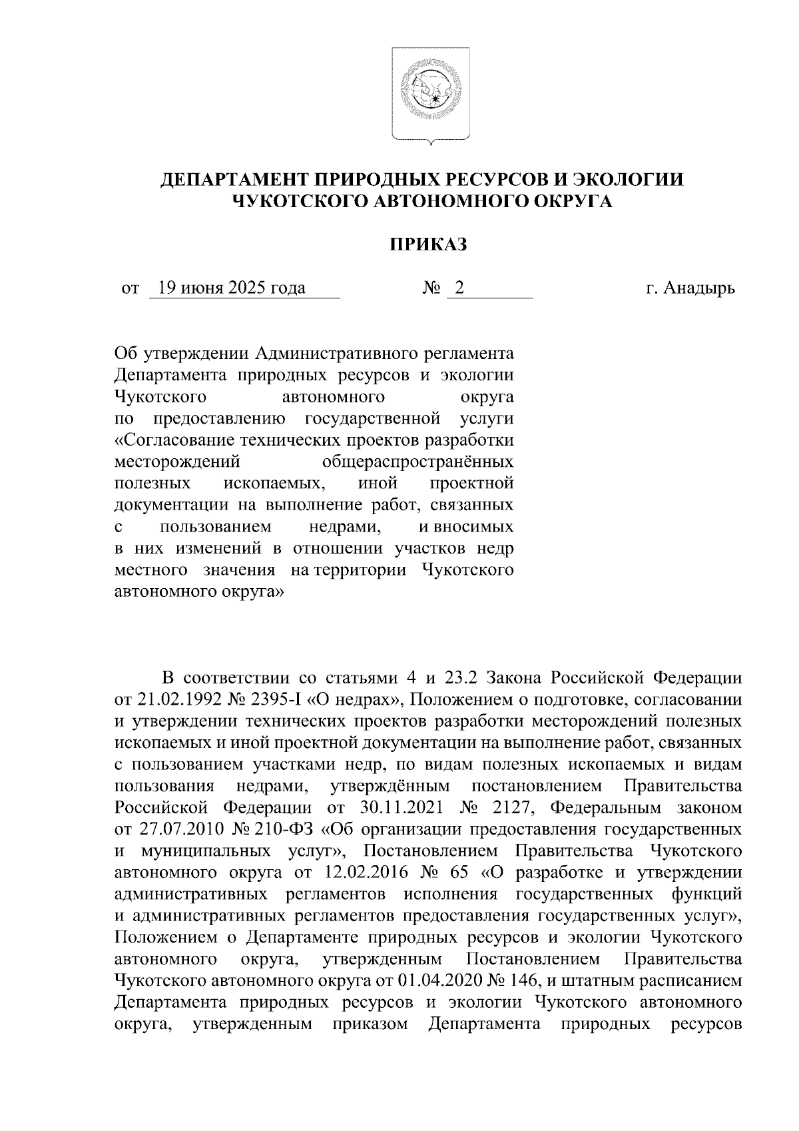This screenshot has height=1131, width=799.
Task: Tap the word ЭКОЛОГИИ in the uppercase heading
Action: (x=628, y=180)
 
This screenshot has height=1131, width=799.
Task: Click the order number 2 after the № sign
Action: (x=459, y=288)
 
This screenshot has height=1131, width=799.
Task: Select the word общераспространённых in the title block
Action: (x=417, y=462)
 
